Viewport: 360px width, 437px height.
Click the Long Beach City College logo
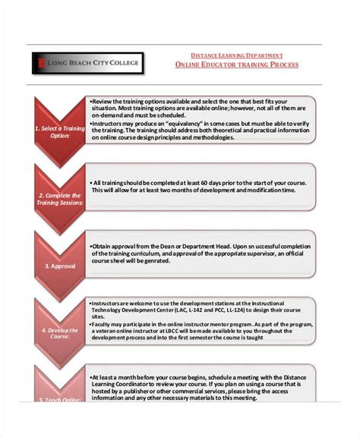click(x=87, y=63)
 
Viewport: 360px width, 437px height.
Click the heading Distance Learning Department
click(x=236, y=55)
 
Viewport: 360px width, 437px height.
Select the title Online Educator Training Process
click(x=236, y=65)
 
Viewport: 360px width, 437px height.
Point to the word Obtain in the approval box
click(x=103, y=247)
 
